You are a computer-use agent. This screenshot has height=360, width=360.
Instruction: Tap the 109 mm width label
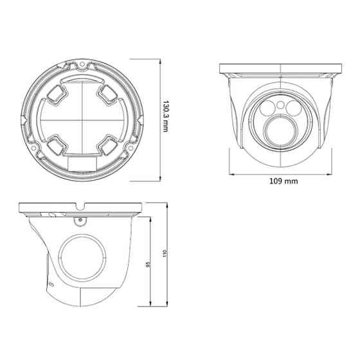point(283,181)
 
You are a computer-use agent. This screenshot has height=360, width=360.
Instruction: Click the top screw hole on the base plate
point(84,64)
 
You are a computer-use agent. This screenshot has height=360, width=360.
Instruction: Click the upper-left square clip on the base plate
point(57,95)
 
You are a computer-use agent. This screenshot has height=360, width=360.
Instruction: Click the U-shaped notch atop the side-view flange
point(80,207)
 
